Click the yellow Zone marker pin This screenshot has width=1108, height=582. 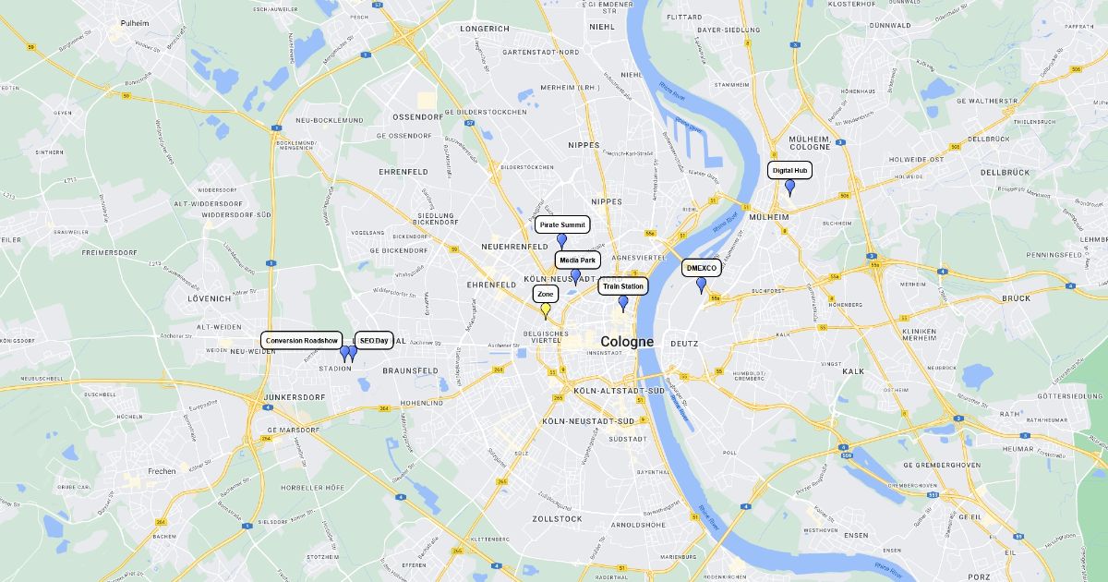(546, 310)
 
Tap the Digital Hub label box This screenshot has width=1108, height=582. (789, 170)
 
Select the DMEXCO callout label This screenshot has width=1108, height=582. (702, 268)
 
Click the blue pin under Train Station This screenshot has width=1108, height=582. (623, 302)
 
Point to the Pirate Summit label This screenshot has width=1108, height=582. (561, 224)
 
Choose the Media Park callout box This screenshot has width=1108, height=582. (577, 261)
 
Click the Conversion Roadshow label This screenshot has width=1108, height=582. (302, 340)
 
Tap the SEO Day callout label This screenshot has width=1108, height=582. (374, 340)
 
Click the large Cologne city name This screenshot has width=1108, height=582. (627, 341)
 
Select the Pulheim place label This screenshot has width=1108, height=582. (134, 23)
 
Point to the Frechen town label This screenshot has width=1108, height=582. (162, 471)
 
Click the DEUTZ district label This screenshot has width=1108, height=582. (684, 344)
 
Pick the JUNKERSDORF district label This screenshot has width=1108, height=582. (295, 397)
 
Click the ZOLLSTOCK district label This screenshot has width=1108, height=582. (557, 519)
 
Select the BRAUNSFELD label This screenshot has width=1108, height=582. (410, 370)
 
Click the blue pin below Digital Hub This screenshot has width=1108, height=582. (789, 187)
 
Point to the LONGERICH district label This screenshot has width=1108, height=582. (485, 29)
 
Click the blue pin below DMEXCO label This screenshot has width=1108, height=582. (701, 285)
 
